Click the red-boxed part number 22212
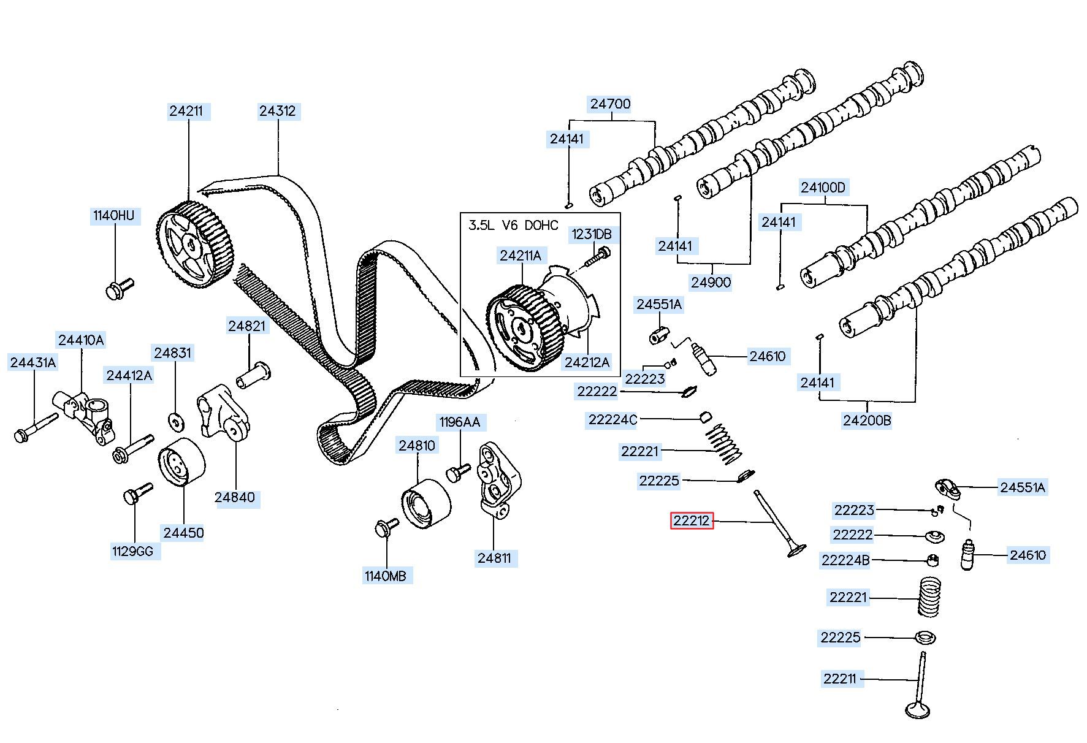pos(692,521)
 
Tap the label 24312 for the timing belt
pos(277,111)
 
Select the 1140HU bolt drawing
pos(120,288)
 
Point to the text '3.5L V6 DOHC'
pos(514,225)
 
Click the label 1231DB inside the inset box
pos(592,234)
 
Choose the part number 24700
pos(610,104)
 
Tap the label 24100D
pos(823,188)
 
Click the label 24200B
pos(867,421)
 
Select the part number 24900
pos(711,283)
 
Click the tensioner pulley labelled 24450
pos(182,462)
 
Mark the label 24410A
pos(81,340)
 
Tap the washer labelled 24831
pos(177,421)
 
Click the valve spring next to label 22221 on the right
pos(929,596)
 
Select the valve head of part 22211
pos(918,710)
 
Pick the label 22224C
pos(612,420)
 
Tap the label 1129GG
pos(132,551)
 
